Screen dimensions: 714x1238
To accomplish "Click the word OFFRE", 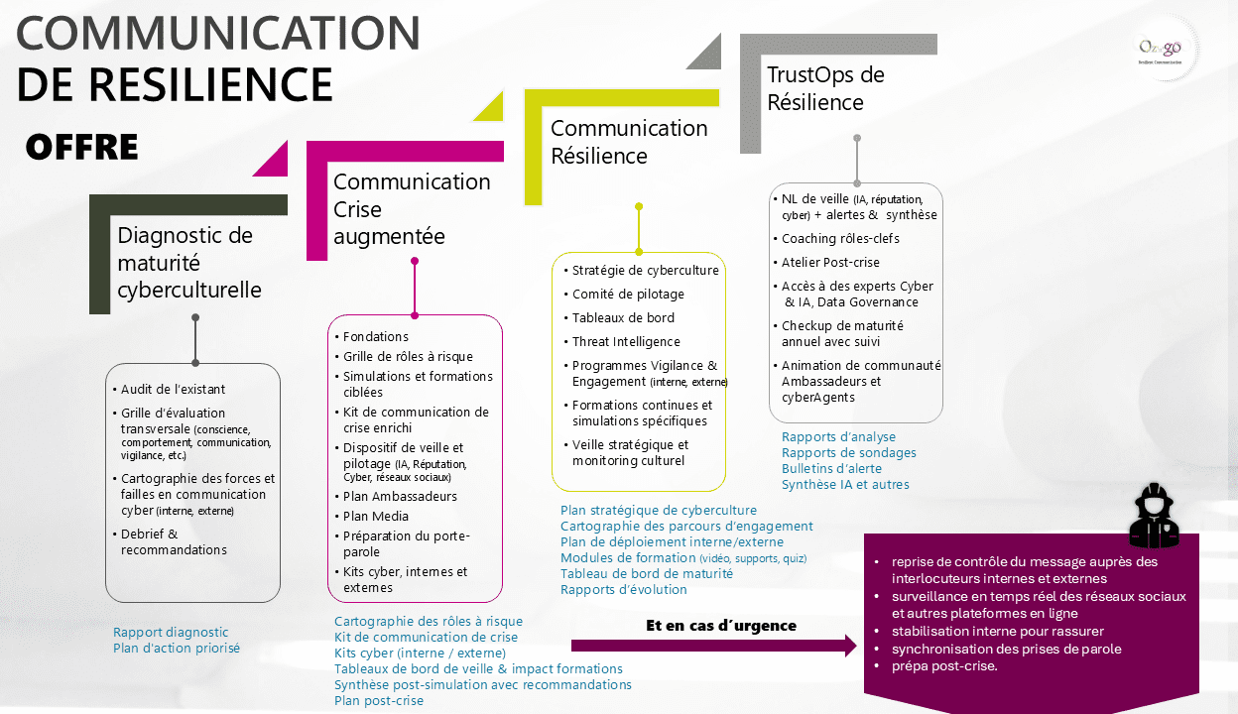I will [x=82, y=147].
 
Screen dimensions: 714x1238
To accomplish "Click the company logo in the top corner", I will [x=1160, y=50].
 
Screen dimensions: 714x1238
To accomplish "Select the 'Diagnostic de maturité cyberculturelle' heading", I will [x=189, y=263].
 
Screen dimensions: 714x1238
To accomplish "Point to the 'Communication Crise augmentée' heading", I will [x=412, y=209].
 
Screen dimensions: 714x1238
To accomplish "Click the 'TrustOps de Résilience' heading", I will [x=825, y=88].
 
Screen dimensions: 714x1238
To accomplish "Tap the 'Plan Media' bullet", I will [x=376, y=516].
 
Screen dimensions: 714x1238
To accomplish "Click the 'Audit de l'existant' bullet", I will [x=173, y=389].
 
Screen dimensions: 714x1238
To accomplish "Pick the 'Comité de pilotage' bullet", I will [x=628, y=295].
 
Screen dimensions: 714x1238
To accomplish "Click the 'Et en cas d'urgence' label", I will [x=721, y=626].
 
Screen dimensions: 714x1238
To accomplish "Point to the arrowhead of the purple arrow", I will [x=850, y=647].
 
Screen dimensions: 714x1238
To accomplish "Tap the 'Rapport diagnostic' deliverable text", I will [x=171, y=633].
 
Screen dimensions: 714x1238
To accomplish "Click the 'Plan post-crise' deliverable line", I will [x=379, y=701].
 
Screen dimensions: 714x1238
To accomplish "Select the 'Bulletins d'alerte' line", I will [x=831, y=469].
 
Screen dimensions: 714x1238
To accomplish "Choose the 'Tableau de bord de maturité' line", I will [x=647, y=574].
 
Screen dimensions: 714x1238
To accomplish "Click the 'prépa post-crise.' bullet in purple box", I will [x=944, y=665].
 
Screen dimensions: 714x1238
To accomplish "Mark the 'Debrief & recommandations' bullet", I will [x=174, y=541].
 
